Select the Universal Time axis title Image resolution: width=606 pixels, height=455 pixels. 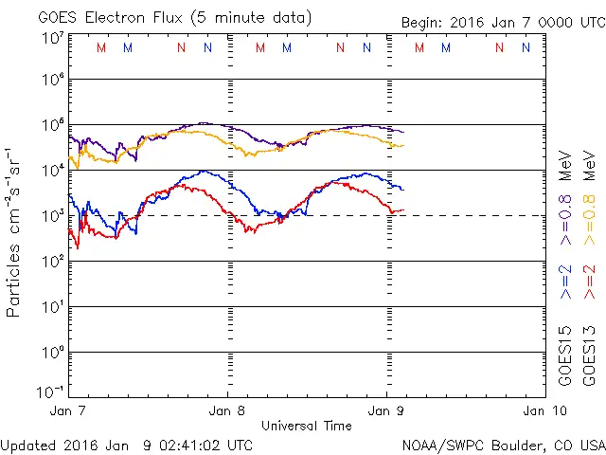pyautogui.click(x=306, y=426)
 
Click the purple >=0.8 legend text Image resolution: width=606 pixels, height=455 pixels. pyautogui.click(x=565, y=225)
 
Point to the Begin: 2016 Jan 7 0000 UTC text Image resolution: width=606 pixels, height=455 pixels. pyautogui.click(x=501, y=21)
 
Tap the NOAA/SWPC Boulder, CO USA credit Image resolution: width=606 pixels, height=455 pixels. pyautogui.click(x=503, y=444)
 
